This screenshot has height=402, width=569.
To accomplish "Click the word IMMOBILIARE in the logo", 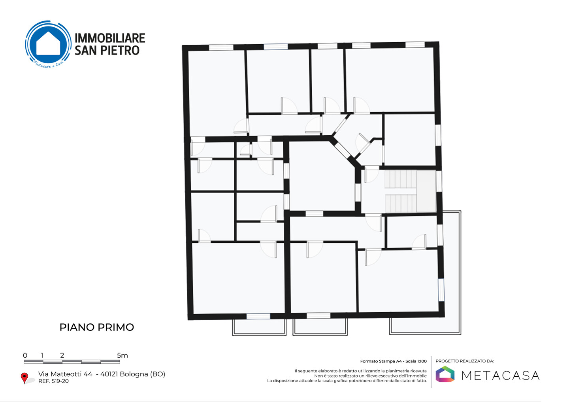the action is pyautogui.click(x=110, y=38).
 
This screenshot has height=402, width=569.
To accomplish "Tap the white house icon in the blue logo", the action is pyautogui.click(x=48, y=43).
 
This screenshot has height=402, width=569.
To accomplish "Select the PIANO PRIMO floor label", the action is pyautogui.click(x=97, y=327).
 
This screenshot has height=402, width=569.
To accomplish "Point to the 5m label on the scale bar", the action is pyautogui.click(x=122, y=355).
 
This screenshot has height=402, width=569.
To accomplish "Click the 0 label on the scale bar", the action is pyautogui.click(x=25, y=355).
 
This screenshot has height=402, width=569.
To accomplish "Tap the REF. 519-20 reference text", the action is pyautogui.click(x=53, y=381).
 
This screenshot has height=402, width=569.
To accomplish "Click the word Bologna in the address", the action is pyautogui.click(x=134, y=374).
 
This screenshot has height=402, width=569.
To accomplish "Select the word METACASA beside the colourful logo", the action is pyautogui.click(x=500, y=376).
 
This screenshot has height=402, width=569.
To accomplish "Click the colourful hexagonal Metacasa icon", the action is pyautogui.click(x=445, y=374).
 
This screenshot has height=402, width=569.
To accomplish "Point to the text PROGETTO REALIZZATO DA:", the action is pyautogui.click(x=465, y=361).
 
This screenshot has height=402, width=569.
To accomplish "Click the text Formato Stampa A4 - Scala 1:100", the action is pyautogui.click(x=394, y=361).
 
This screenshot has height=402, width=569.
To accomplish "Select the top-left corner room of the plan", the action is pyautogui.click(x=217, y=93).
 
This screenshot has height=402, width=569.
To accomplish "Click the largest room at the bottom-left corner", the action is pyautogui.click(x=238, y=278).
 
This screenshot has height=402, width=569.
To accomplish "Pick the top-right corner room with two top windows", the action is pyautogui.click(x=390, y=79).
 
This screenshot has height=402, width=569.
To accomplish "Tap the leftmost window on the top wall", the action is pyautogui.click(x=221, y=47).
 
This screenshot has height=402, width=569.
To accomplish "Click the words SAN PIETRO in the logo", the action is pyautogui.click(x=107, y=50).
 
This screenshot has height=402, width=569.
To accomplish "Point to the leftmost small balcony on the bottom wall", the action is pyautogui.click(x=259, y=327).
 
